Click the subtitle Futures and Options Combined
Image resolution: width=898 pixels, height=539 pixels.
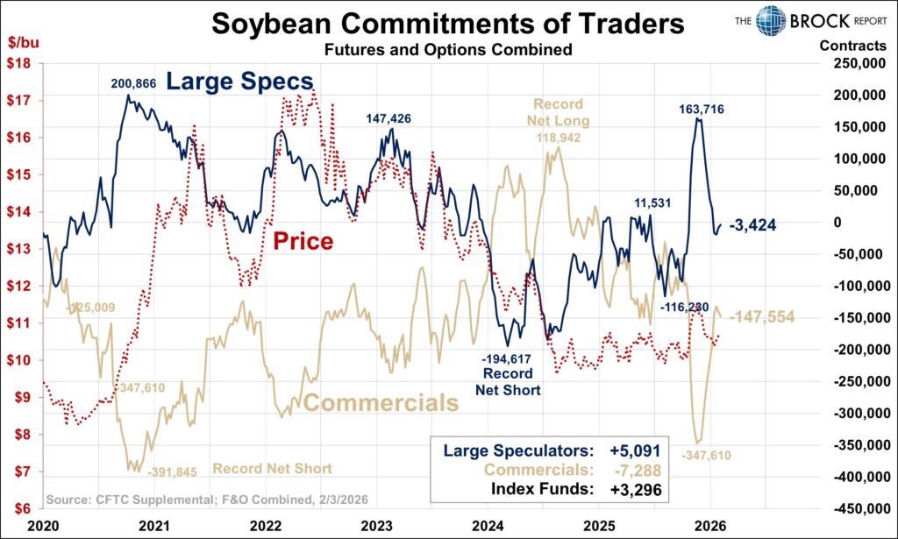pos(447,50)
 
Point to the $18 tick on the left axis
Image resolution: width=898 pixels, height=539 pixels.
pos(19,63)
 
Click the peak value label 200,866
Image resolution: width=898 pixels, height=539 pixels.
pos(139,84)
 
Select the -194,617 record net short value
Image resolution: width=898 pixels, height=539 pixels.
pos(508,358)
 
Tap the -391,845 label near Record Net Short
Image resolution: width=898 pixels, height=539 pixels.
pos(173,469)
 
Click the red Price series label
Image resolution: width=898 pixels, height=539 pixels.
pos(302,240)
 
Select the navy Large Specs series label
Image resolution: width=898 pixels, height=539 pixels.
pos(239,82)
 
